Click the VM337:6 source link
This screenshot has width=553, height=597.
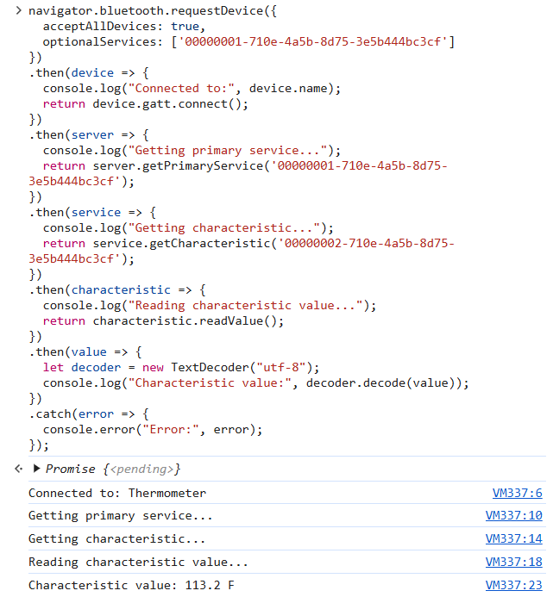click(517, 493)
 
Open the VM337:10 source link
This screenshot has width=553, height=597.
click(513, 515)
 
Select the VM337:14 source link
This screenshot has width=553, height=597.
click(513, 538)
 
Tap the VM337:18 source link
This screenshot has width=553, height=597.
click(513, 562)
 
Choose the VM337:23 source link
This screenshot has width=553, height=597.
click(513, 585)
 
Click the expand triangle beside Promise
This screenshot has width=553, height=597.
click(36, 469)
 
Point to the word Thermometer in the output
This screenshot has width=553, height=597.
click(167, 493)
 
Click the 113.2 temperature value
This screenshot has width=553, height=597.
click(203, 585)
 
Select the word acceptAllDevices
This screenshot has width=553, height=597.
click(99, 26)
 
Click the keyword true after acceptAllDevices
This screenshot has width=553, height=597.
click(185, 26)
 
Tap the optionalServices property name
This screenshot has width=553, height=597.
click(99, 41)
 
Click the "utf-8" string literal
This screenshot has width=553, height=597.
click(281, 367)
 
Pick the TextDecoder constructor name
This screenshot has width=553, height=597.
click(210, 367)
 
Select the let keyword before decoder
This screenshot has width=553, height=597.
click(53, 367)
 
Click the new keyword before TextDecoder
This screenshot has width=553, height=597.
click(153, 367)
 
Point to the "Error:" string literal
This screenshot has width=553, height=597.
click(170, 430)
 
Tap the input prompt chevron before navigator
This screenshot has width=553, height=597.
click(19, 10)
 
